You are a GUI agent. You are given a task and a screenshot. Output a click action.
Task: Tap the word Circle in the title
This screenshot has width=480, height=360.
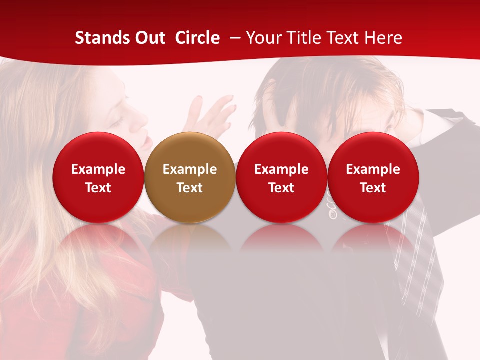tap(197, 38)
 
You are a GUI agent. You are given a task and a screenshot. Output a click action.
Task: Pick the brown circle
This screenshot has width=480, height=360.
tap(190, 177)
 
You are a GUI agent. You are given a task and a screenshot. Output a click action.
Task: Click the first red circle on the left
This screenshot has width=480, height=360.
tap(98, 177)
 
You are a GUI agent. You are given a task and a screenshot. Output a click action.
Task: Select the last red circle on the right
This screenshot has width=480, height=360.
tap(373, 177)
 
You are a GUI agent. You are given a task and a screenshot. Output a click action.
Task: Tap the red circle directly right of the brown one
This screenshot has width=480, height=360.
tap(281, 177)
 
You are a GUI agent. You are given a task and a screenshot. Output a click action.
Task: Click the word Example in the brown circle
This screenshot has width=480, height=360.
tap(190, 169)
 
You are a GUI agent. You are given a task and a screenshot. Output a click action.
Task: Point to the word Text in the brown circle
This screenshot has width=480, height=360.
tap(190, 188)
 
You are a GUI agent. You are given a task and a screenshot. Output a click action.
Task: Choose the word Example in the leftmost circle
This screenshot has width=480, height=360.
tap(98, 169)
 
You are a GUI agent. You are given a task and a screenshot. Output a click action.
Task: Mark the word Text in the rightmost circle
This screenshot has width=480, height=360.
tap(373, 188)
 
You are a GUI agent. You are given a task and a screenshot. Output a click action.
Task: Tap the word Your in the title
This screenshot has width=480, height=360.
tap(263, 38)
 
